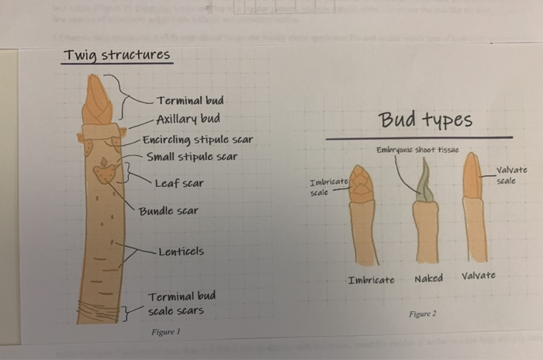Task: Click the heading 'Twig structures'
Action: pyautogui.click(x=116, y=55)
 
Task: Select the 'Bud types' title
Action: pyautogui.click(x=425, y=120)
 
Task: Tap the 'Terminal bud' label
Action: pyautogui.click(x=190, y=101)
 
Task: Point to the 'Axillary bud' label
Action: pyautogui.click(x=188, y=119)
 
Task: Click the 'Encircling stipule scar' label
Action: pyautogui.click(x=197, y=141)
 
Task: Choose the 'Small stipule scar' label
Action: pyautogui.click(x=192, y=157)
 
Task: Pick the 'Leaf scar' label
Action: pyautogui.click(x=178, y=184)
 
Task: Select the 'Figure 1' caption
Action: pyautogui.click(x=166, y=331)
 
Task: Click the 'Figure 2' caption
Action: pyautogui.click(x=423, y=313)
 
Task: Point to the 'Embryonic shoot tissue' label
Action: pyautogui.click(x=417, y=150)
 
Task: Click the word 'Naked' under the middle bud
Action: pyautogui.click(x=428, y=279)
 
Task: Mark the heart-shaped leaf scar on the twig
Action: pyautogui.click(x=105, y=171)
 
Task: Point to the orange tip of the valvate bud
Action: pyautogui.click(x=472, y=175)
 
